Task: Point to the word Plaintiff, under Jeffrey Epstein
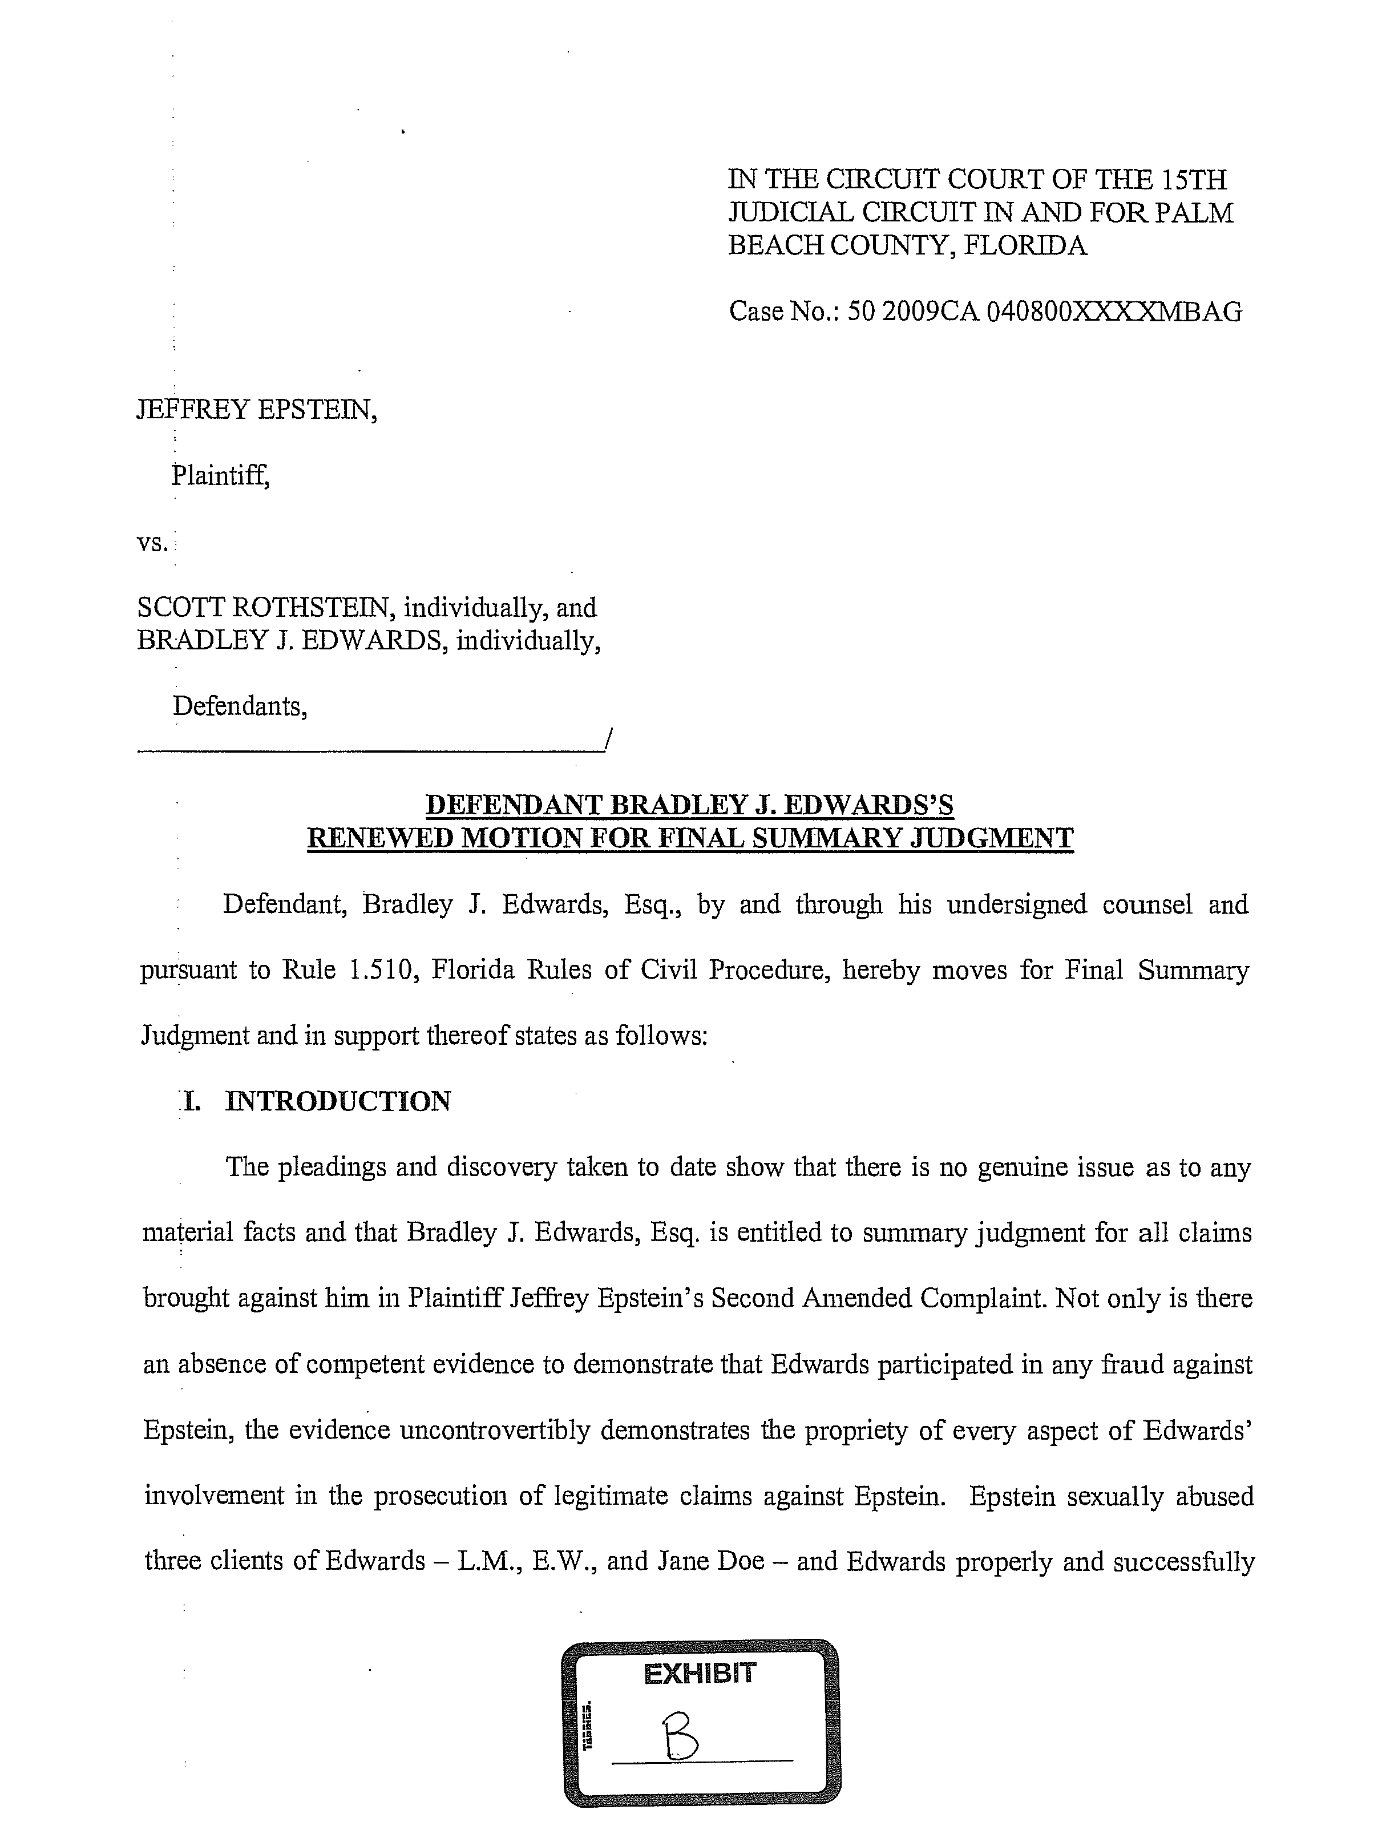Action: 220,475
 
